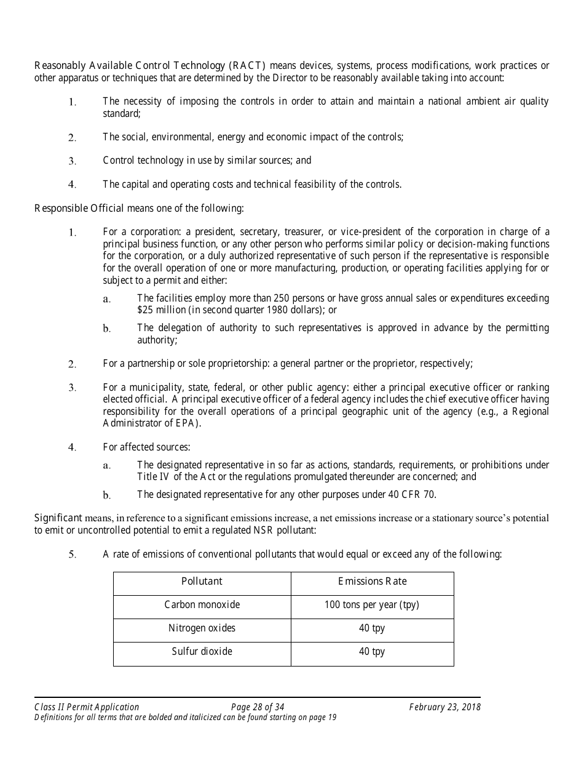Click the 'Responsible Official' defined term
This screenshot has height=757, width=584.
click(x=79, y=208)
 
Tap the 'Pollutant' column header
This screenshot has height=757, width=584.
click(x=202, y=582)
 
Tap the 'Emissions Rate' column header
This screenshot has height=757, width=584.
click(x=372, y=582)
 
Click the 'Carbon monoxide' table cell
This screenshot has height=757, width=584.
click(x=202, y=605)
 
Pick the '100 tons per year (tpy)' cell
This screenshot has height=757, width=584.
click(x=372, y=605)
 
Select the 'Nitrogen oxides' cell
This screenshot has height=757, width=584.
click(x=202, y=628)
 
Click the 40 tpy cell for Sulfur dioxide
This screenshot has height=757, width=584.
click(x=372, y=652)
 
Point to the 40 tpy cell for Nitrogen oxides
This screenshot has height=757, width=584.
click(x=372, y=628)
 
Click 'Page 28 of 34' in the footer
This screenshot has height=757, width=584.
click(x=258, y=707)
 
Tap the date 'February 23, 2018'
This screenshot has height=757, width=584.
click(x=444, y=707)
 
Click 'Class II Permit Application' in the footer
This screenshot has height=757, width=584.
click(x=87, y=707)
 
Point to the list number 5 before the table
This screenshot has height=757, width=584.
click(x=72, y=555)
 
